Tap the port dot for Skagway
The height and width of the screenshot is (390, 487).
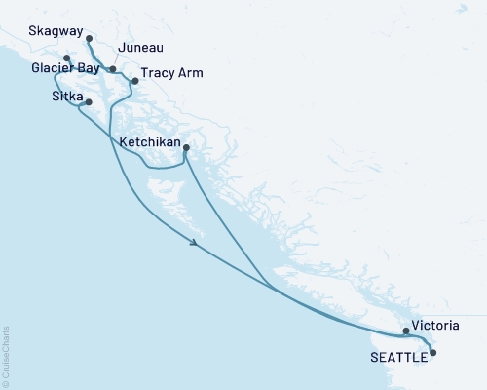point(89,39)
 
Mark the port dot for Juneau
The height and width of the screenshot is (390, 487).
point(113,69)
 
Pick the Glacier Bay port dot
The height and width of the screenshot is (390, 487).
point(66,59)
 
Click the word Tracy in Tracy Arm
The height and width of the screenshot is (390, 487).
point(157,73)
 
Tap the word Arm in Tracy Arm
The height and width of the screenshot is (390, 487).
point(190,73)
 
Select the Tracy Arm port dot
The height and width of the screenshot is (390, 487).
point(135,81)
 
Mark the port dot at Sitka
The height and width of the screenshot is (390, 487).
point(89,102)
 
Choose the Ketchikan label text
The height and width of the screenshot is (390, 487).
point(147,142)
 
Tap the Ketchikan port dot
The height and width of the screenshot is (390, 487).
point(186,148)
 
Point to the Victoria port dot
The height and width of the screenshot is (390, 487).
point(406,331)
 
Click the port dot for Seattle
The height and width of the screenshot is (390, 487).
point(433,353)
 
